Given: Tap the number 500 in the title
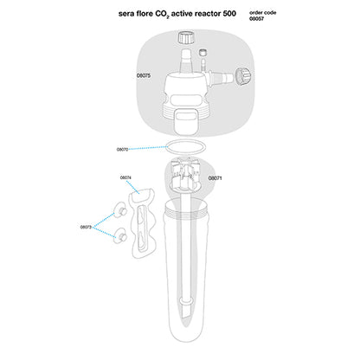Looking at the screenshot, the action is coord(229,14).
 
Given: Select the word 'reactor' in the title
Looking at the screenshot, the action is coord(207,14).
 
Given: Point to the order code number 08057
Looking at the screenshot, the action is coord(256,19).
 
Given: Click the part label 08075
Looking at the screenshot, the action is coord(144,75).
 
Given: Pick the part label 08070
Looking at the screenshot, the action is coord(122,150).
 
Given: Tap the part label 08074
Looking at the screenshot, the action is coord(125,177).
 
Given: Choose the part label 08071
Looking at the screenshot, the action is coord(215,178).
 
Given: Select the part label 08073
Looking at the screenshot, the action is coord(86,227).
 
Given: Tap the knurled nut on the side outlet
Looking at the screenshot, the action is coord(243,76).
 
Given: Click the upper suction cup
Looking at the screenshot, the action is coord(120,211).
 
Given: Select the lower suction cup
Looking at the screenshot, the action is coord(120,236).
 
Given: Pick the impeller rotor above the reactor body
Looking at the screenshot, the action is coord(184,173).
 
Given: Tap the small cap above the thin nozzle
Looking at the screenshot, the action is coord(203,53).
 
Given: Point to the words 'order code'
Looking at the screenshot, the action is coord(262,13).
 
